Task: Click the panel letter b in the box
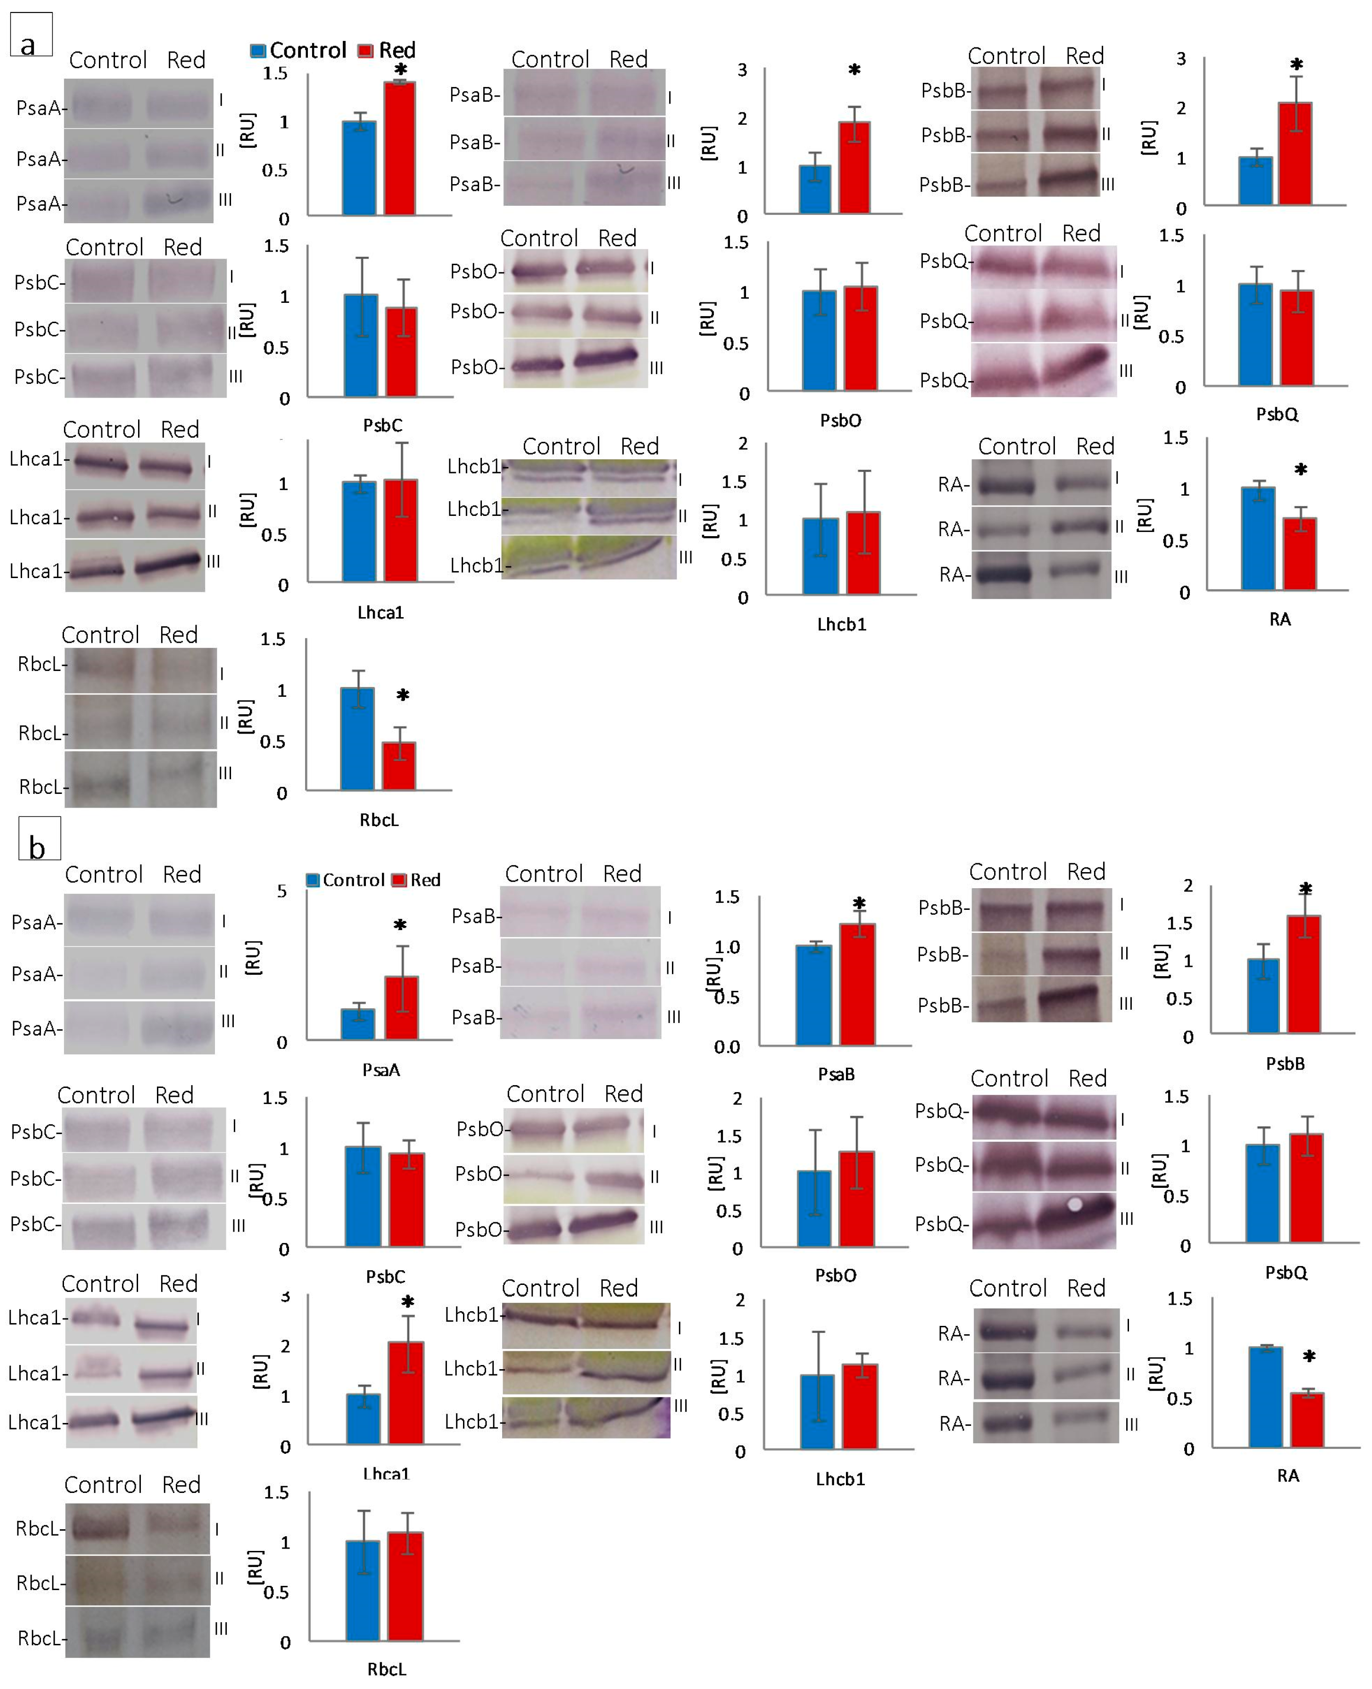(37, 847)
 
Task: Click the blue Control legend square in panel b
(313, 879)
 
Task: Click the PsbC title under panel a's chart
(382, 425)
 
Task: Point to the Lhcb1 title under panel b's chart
(840, 1479)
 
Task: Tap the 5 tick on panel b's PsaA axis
(282, 891)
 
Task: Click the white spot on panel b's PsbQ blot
(1074, 1204)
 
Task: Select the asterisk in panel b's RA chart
(1309, 1356)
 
